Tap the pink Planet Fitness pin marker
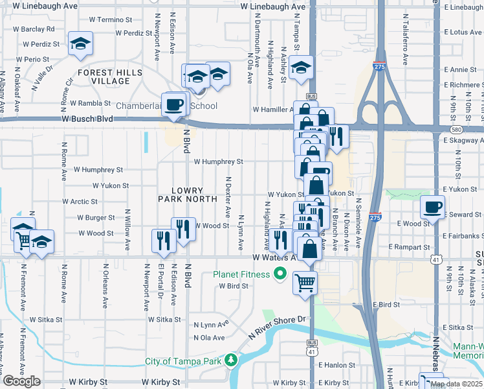(x=280, y=275)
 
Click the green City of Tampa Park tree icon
(x=231, y=360)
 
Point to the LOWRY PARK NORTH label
(x=185, y=195)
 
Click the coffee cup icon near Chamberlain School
(x=173, y=104)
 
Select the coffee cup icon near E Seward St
(x=432, y=207)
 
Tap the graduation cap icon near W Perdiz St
(x=80, y=43)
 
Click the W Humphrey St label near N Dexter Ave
(x=217, y=161)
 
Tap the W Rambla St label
(x=91, y=102)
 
